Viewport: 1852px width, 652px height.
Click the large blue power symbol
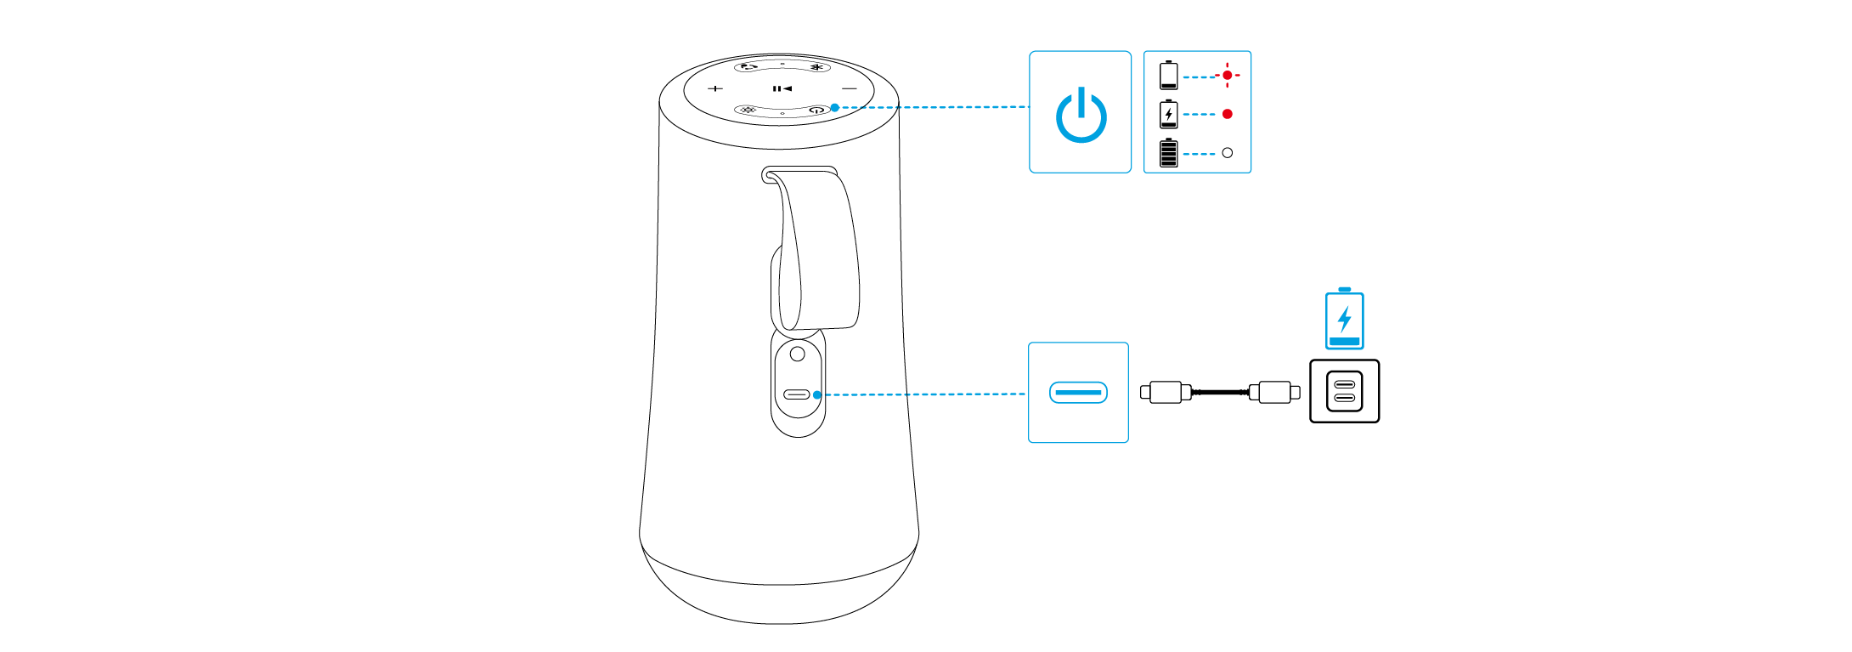click(1081, 115)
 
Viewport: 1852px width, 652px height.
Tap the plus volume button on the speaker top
click(715, 88)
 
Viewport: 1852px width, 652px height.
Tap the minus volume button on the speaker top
click(850, 88)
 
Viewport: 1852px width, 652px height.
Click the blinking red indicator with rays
click(1227, 76)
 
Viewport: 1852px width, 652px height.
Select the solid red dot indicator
click(1227, 114)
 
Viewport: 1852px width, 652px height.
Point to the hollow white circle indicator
click(1227, 153)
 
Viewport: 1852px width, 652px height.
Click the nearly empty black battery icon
click(1169, 75)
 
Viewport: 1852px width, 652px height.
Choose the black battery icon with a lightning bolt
click(1169, 114)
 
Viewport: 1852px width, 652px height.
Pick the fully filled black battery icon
click(1169, 153)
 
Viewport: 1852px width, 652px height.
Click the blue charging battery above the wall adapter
click(1344, 319)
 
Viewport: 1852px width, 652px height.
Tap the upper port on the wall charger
click(1344, 384)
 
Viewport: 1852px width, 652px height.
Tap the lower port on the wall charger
click(1344, 398)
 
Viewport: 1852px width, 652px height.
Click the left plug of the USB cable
click(1165, 392)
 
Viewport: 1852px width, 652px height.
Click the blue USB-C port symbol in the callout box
click(1078, 392)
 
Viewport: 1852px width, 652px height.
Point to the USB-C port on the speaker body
click(796, 394)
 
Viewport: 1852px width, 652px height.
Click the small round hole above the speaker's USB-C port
click(797, 353)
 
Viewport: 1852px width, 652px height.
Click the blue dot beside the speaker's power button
click(835, 107)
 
